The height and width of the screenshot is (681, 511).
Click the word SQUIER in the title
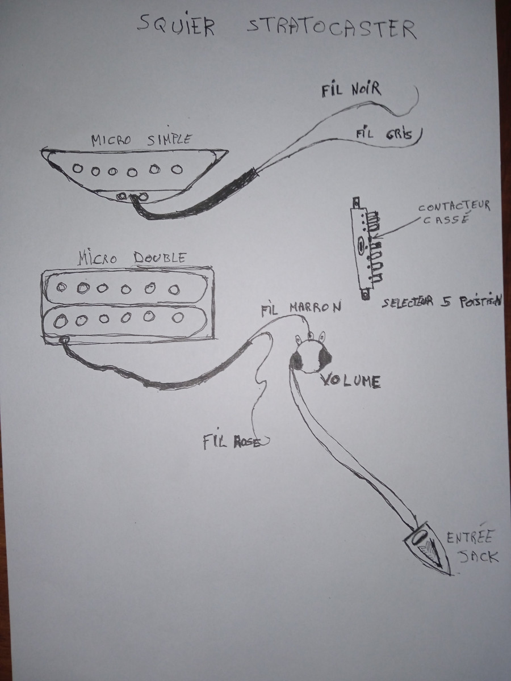point(176,26)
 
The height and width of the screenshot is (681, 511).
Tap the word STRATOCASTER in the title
point(332,28)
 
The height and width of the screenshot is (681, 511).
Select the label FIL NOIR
point(351,90)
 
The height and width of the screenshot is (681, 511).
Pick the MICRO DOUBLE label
point(131,258)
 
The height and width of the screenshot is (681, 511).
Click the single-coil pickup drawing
point(133,173)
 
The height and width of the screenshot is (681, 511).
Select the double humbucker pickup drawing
point(128,306)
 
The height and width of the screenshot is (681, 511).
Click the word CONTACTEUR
point(454,207)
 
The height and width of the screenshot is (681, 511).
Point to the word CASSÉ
point(446,220)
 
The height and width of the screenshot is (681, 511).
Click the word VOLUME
point(350,381)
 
